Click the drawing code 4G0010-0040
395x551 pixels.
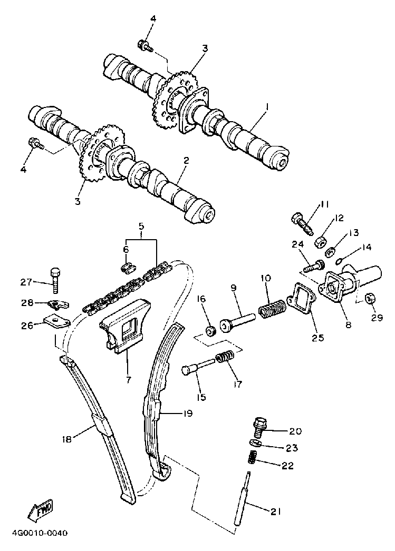39,533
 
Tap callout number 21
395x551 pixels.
276,511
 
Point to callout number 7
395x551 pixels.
128,379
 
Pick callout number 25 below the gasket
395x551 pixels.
317,337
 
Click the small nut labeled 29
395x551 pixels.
370,299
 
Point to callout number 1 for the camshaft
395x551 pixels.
267,107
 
